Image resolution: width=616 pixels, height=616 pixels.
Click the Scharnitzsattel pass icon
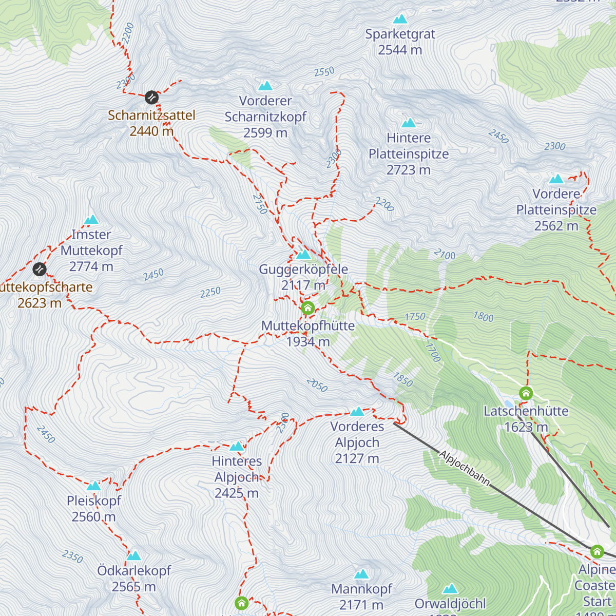151,97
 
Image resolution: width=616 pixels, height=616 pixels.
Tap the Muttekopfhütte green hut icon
307,308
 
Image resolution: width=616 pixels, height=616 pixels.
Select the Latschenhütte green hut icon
526,394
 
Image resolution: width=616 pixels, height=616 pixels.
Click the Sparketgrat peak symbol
400,20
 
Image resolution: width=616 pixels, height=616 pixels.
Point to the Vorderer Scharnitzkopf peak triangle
265,86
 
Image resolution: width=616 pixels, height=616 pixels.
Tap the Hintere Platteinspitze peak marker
409,123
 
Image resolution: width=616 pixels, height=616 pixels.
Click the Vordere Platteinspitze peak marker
556,179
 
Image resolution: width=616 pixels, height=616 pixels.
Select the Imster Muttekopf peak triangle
91,220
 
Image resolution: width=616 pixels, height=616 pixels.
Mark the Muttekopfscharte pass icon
40,269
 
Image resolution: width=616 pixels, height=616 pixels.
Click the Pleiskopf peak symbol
93,486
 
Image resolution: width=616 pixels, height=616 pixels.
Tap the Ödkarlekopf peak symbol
133,555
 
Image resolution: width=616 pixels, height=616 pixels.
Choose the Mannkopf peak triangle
361,574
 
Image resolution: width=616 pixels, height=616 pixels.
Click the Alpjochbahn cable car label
464,468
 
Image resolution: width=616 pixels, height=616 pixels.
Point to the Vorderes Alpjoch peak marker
357,412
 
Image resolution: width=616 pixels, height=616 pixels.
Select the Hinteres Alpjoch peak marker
237,446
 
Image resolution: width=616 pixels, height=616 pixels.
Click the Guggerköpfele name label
303,269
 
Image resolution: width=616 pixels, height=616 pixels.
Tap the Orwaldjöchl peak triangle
450,589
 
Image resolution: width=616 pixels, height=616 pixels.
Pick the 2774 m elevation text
91,266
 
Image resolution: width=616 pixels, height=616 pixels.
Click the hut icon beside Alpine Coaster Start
596,552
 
